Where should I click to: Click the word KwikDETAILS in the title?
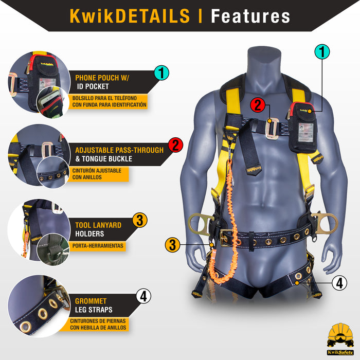(130, 16)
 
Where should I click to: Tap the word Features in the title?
(250, 16)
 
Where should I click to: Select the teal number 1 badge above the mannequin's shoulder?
(322, 52)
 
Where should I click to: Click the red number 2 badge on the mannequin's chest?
(258, 105)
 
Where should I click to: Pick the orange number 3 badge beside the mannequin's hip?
(172, 245)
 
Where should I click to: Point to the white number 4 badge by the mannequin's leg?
(339, 283)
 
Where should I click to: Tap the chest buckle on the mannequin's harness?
(272, 129)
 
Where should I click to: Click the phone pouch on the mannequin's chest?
(302, 128)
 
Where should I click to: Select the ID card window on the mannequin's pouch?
(305, 133)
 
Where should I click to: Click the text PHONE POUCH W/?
(102, 78)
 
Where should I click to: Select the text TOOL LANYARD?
(98, 225)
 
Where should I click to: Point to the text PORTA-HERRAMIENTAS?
(98, 246)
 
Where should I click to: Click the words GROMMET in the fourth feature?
(91, 301)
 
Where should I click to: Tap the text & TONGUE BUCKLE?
(104, 158)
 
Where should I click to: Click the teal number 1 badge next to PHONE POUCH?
(161, 73)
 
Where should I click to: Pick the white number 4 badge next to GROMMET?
(143, 296)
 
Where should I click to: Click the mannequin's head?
(264, 62)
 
